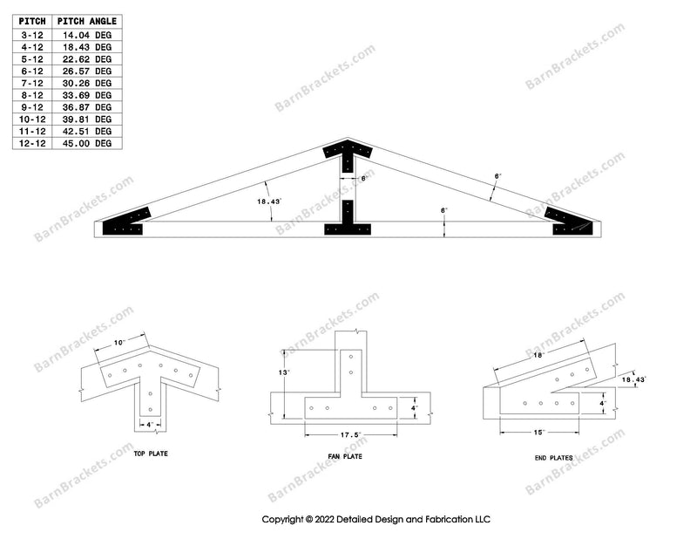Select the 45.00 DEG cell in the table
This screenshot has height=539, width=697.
coord(90,143)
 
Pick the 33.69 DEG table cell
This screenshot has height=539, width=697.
coord(90,95)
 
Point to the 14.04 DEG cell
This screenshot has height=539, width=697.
coord(90,35)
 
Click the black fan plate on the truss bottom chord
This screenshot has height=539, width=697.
coord(348,228)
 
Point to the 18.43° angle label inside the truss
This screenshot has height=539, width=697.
coord(269,201)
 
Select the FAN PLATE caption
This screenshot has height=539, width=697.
coord(351,455)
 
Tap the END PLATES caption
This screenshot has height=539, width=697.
coord(552,455)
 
